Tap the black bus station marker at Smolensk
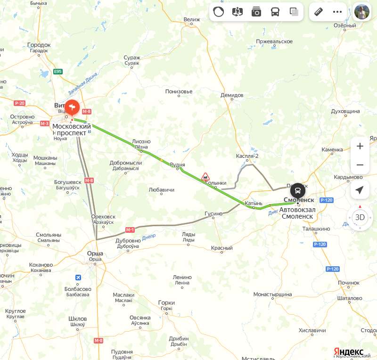click(297, 191)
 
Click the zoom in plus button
click(360, 146)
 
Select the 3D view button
click(360, 217)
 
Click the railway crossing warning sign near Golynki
click(205, 177)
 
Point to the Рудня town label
click(177, 165)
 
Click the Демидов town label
click(232, 95)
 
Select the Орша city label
click(95, 254)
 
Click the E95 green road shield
click(58, 72)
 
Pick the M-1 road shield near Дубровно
click(131, 229)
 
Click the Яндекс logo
click(349, 352)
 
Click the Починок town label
click(348, 282)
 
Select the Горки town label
click(166, 303)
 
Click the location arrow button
click(360, 190)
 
